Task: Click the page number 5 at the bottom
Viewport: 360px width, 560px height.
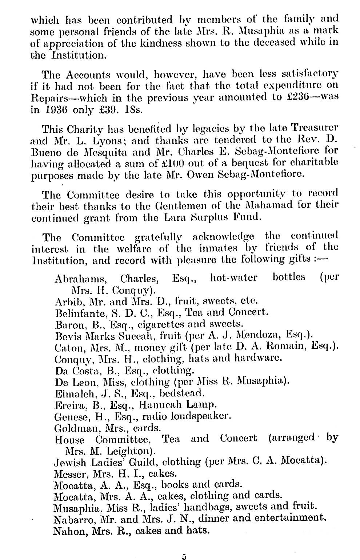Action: (x=184, y=556)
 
